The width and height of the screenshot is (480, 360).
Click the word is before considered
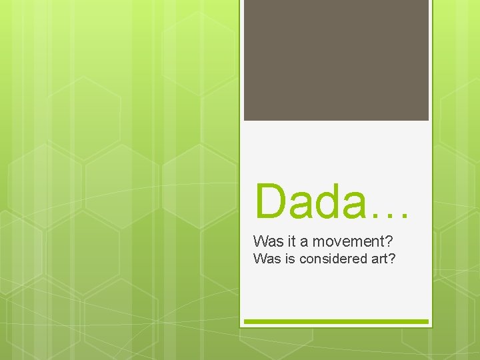pos(289,258)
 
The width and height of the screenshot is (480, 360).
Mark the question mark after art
pos(392,258)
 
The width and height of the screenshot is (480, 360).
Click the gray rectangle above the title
pos(336,60)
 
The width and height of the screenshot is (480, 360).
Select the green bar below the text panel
pos(336,322)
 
